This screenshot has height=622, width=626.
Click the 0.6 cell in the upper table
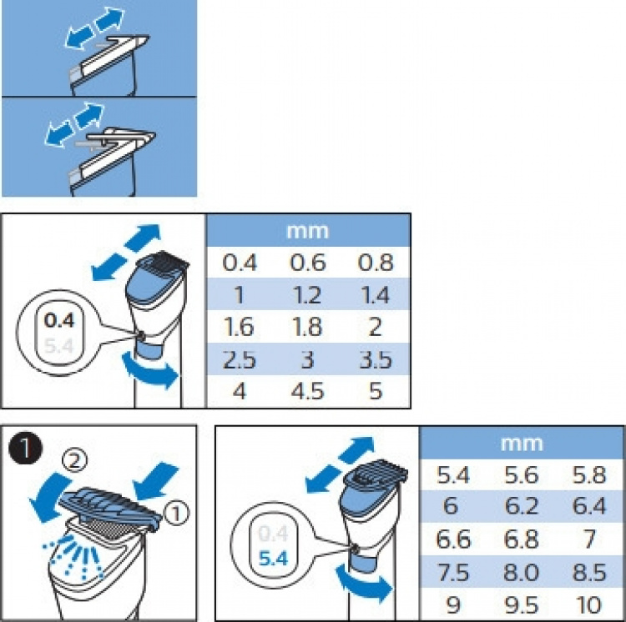pos(308,263)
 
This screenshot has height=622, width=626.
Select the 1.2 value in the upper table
pos(307,295)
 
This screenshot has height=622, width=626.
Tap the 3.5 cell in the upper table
pos(376,359)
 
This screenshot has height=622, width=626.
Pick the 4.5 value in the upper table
pos(307,391)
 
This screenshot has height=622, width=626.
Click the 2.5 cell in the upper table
pos(240,359)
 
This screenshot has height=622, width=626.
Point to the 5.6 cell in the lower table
pos(522,475)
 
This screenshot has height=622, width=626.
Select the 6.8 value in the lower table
pos(522,539)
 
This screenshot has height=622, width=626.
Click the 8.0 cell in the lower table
pos(522,572)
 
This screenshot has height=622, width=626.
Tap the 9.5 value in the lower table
pos(522,604)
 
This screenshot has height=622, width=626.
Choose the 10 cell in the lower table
pos(589,604)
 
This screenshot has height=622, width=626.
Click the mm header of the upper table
pos(308,231)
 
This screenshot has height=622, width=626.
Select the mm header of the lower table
pos(522,444)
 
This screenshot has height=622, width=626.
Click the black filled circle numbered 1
pos(25,449)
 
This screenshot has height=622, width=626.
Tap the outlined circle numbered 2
pos(74,460)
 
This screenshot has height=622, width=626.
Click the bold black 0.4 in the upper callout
pos(59,320)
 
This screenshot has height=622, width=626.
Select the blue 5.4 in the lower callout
pos(273,559)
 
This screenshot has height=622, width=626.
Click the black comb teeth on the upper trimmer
pos(167,259)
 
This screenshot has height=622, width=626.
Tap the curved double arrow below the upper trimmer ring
pos(150,370)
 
